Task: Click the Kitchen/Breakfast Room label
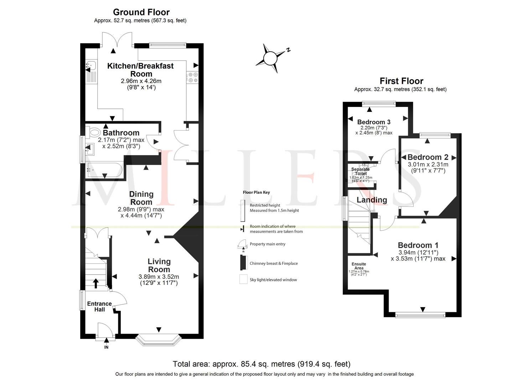click(141, 70)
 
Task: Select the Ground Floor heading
click(141, 12)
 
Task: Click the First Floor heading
click(401, 81)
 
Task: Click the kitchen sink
click(91, 65)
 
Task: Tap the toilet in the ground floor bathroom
click(94, 131)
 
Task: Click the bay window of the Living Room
click(159, 340)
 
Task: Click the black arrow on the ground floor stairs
click(95, 283)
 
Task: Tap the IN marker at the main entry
click(106, 347)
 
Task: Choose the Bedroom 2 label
click(427, 157)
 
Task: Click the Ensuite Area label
click(359, 266)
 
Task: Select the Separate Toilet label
click(361, 171)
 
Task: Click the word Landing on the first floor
click(372, 200)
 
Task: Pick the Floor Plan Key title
click(256, 192)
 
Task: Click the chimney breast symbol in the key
click(243, 263)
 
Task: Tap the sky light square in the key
click(243, 279)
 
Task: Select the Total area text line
click(261, 364)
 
